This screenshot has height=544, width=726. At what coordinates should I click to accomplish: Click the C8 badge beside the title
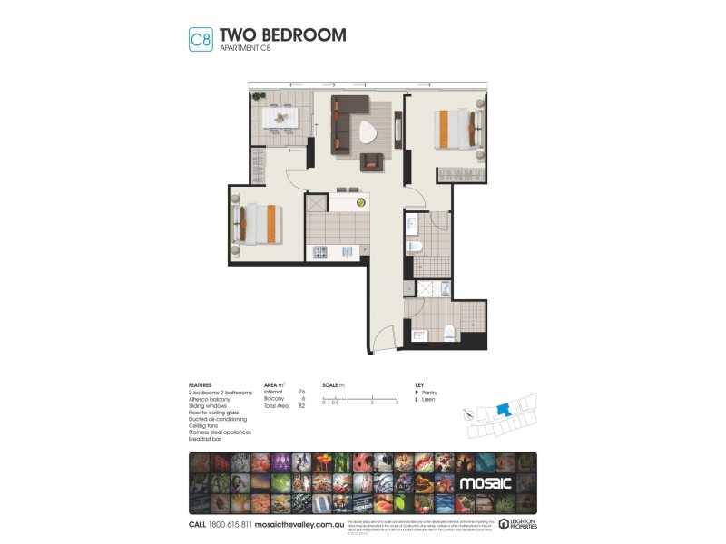click(200, 39)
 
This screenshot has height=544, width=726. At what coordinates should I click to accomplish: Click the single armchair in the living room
click(372, 162)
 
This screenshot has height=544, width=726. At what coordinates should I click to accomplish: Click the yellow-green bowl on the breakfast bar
click(360, 204)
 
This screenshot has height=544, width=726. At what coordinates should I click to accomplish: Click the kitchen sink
click(346, 251)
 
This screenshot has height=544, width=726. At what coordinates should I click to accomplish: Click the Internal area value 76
click(300, 391)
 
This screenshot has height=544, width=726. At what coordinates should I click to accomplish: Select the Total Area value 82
click(300, 405)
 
